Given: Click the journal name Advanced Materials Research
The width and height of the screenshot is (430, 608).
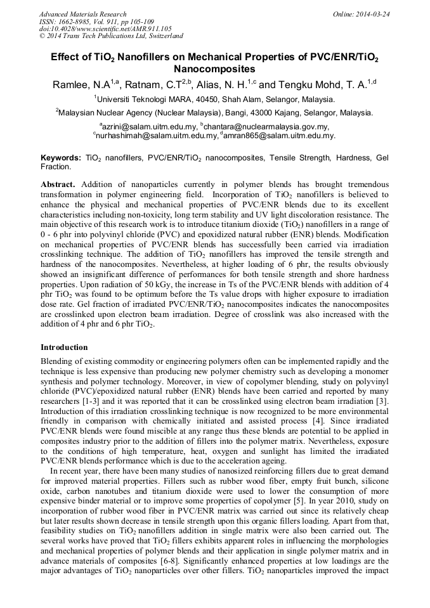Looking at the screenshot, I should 82,13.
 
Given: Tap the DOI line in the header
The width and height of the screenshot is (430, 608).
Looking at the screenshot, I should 105,29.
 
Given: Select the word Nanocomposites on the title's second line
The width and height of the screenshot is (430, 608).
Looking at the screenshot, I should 215,68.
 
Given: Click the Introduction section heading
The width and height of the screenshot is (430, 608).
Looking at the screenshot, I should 64,347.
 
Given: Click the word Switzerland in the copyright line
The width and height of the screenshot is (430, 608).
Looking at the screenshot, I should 164,36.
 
